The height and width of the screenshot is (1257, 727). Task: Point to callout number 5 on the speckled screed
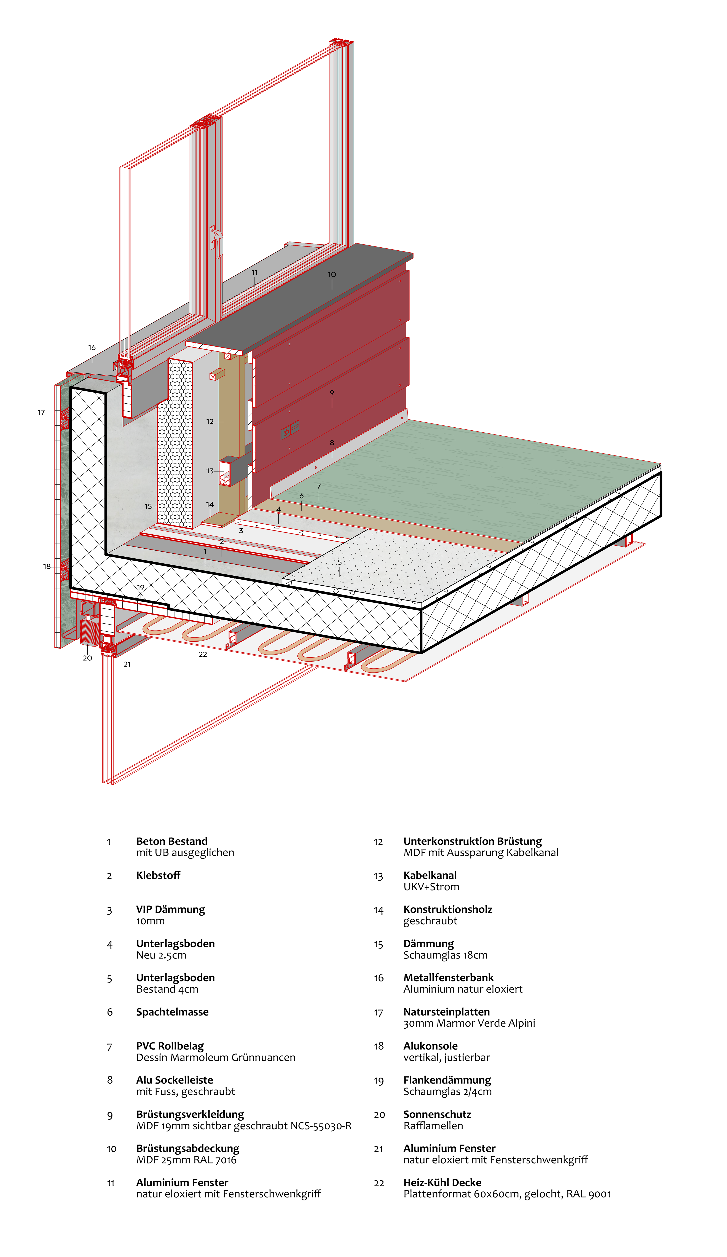point(340,562)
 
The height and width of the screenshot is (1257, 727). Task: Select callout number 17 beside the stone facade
point(41,412)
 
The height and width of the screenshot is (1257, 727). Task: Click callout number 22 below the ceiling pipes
point(202,654)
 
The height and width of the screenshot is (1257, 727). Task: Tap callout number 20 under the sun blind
point(87,658)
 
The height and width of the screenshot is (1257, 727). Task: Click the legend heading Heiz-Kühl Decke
point(442,1182)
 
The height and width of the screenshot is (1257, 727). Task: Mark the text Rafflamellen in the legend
point(433,1126)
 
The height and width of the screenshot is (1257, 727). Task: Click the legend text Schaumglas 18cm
point(445,955)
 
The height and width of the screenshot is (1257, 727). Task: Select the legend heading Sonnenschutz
point(437,1114)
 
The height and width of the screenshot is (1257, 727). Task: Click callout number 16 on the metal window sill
point(92,348)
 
